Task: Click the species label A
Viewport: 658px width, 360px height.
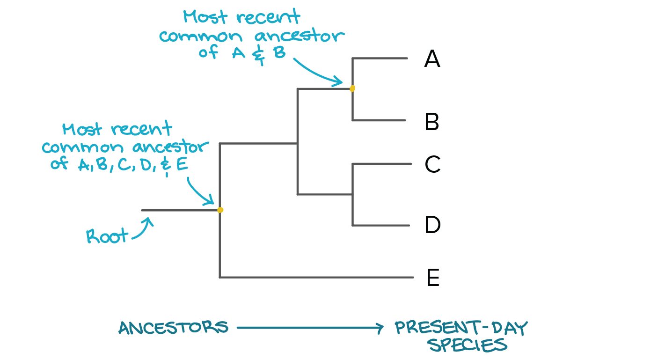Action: (432, 59)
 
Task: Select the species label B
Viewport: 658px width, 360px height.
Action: (432, 122)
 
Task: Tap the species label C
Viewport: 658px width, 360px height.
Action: (432, 164)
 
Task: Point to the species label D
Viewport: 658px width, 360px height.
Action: (432, 225)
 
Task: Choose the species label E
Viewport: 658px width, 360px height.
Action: (433, 278)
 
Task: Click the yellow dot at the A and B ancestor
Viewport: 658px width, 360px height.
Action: (352, 88)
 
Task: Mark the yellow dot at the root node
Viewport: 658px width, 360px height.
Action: (220, 210)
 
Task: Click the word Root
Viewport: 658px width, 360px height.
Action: (107, 236)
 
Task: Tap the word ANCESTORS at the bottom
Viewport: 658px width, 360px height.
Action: (173, 328)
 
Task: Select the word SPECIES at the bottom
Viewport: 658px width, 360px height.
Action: (468, 345)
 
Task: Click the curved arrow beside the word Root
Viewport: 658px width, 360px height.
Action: (143, 229)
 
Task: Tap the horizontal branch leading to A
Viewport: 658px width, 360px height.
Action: (380, 59)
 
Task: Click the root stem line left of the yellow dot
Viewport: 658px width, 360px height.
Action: (178, 211)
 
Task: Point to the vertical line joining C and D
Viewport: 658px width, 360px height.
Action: (352, 195)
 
